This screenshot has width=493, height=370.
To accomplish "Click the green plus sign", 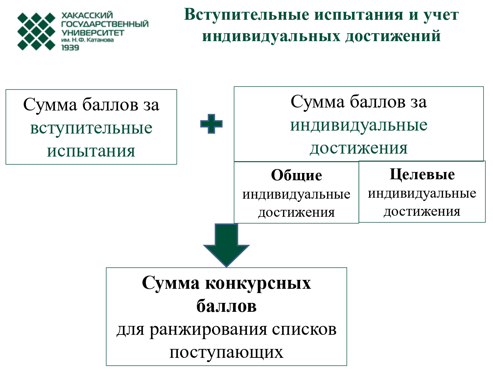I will pyautogui.click(x=211, y=124).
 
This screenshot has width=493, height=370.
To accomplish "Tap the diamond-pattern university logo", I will pyautogui.click(x=36, y=31).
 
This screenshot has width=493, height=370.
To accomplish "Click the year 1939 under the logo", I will pyautogui.click(x=70, y=48).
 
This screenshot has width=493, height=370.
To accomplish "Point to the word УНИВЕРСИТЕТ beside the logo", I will pyautogui.click(x=93, y=33).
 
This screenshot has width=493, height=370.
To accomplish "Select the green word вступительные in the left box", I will pyautogui.click(x=91, y=128).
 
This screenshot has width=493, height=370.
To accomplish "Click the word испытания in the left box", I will pyautogui.click(x=91, y=151).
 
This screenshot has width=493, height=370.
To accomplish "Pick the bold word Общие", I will pyautogui.click(x=296, y=175).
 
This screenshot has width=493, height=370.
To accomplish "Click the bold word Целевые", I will pyautogui.click(x=422, y=174).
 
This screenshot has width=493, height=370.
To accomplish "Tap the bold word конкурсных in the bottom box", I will pyautogui.click(x=258, y=283).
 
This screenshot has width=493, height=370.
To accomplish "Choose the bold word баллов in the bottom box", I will pyautogui.click(x=226, y=306).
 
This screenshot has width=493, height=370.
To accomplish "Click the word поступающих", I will pyautogui.click(x=226, y=352).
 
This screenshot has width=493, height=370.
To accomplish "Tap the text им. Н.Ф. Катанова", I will pyautogui.click(x=87, y=40).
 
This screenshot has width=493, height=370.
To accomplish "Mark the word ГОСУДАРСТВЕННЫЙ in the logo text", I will pyautogui.click(x=105, y=24).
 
